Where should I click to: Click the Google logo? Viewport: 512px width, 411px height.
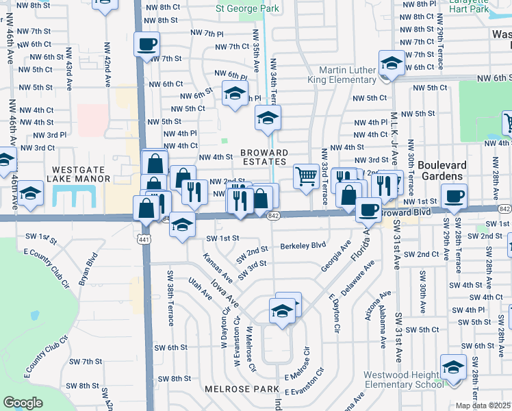pyautogui.click(x=23, y=403)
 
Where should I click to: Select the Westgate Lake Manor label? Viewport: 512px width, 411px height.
pyautogui.click(x=78, y=173)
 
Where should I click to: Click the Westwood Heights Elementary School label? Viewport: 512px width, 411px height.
pyautogui.click(x=404, y=379)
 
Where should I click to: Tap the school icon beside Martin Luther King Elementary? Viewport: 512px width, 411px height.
pyautogui.click(x=392, y=64)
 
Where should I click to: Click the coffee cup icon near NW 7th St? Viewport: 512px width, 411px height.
pyautogui.click(x=146, y=45)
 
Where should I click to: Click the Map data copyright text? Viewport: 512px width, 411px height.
pyautogui.click(x=483, y=406)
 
